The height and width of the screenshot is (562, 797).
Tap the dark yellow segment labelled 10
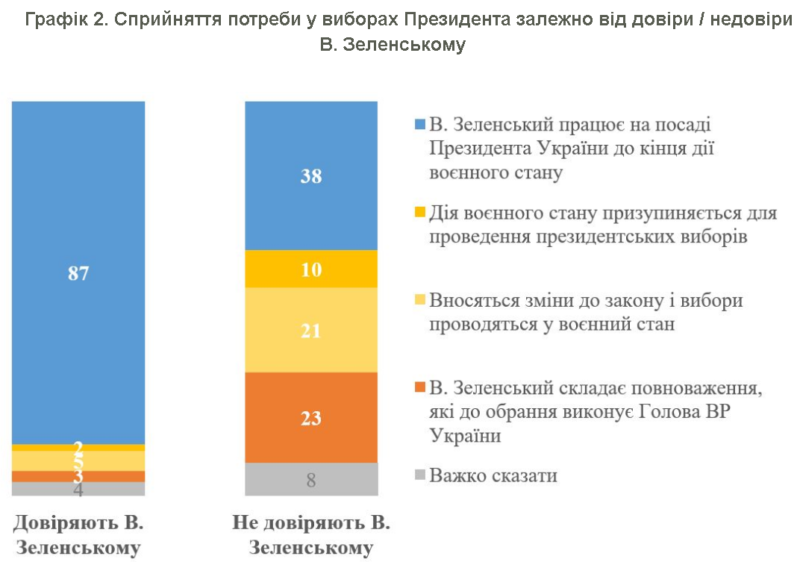(311, 269)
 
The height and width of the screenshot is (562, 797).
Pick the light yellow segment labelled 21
(311, 329)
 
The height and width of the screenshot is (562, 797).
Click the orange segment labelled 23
(311, 417)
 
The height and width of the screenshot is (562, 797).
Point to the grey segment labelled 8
(311, 479)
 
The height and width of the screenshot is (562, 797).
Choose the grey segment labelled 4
(78, 490)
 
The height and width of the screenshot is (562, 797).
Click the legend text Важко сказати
(493, 475)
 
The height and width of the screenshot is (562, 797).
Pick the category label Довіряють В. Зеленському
(78, 534)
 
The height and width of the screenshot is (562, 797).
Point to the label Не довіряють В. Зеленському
(311, 534)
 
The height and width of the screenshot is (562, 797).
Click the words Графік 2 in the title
(61, 20)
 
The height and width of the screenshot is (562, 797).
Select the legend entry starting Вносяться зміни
(586, 312)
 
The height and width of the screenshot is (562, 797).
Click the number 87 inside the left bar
(78, 273)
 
